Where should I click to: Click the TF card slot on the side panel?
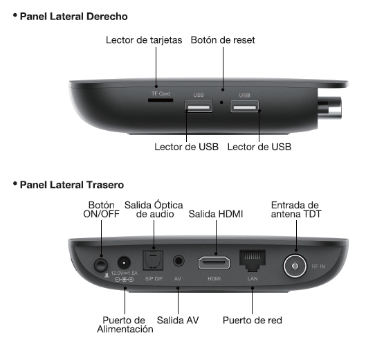click(x=161, y=100)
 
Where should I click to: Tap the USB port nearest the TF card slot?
click(x=199, y=107)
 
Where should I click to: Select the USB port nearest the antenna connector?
click(x=245, y=107)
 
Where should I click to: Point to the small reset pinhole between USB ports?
click(x=221, y=102)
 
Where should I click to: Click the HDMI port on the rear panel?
click(x=214, y=263)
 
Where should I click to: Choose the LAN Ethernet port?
click(x=253, y=261)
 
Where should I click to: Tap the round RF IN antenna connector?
click(x=295, y=266)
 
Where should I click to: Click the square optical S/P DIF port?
click(x=153, y=260)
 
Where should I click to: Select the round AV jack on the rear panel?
click(x=179, y=261)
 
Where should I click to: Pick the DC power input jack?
click(x=124, y=263)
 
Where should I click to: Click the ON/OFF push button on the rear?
click(x=101, y=264)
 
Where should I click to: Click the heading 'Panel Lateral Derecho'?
click(x=73, y=17)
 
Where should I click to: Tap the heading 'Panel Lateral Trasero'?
click(x=72, y=185)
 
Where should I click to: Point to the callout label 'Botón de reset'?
click(x=223, y=40)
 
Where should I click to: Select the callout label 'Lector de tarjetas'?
click(x=144, y=40)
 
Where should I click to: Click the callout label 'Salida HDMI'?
click(x=216, y=214)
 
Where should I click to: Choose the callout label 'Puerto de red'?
click(x=253, y=321)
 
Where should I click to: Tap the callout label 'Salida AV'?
click(x=178, y=321)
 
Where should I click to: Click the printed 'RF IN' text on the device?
click(x=318, y=267)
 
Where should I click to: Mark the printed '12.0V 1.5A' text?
click(x=125, y=273)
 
